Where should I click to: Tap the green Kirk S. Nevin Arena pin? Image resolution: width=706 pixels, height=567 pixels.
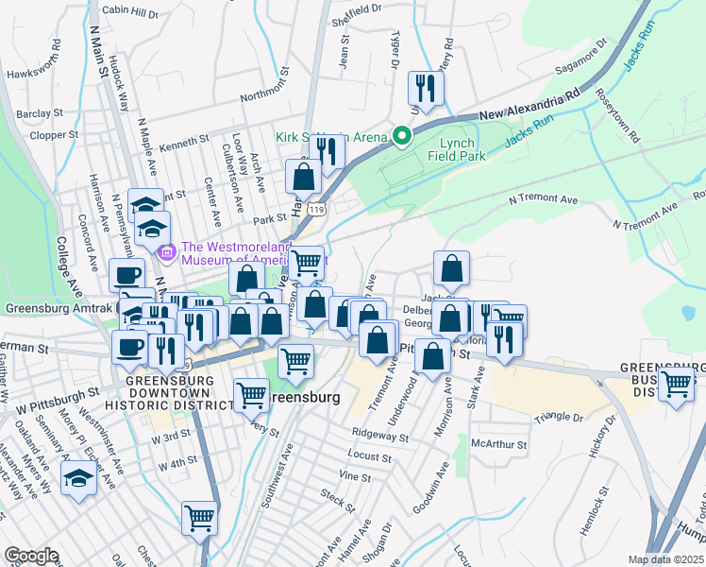pos(401,138)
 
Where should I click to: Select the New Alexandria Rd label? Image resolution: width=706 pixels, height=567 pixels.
pos(529,104)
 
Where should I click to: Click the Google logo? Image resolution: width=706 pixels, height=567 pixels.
pos(31,556)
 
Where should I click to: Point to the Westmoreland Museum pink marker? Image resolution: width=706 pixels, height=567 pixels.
pos(168,252)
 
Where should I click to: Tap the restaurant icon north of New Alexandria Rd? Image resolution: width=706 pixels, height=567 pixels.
pos(425,90)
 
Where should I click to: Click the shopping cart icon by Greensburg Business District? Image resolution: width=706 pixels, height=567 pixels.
pos(677,385)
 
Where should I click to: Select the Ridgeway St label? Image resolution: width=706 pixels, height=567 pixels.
pos(378,437)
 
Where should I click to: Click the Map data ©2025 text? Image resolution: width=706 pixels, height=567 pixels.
pos(664,559)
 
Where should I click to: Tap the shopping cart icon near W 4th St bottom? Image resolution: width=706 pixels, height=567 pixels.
pos(200,518)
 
